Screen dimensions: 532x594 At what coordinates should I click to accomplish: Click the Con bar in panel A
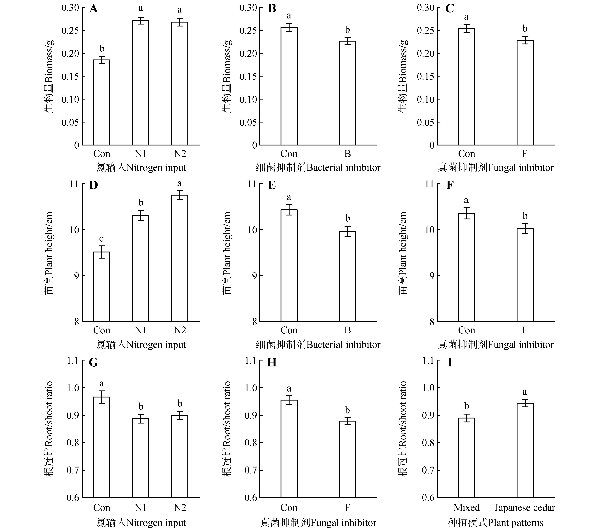tap(102, 102)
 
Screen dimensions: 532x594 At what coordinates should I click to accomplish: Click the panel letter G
tap(93, 363)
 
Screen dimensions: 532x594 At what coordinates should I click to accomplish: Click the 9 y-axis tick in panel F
tap(432, 276)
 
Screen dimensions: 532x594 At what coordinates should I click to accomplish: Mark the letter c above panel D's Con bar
tap(101, 239)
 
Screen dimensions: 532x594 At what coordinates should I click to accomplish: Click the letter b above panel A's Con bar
tap(102, 49)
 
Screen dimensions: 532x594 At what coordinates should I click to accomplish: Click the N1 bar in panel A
tap(140, 83)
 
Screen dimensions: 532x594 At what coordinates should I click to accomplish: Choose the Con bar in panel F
tap(466, 268)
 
